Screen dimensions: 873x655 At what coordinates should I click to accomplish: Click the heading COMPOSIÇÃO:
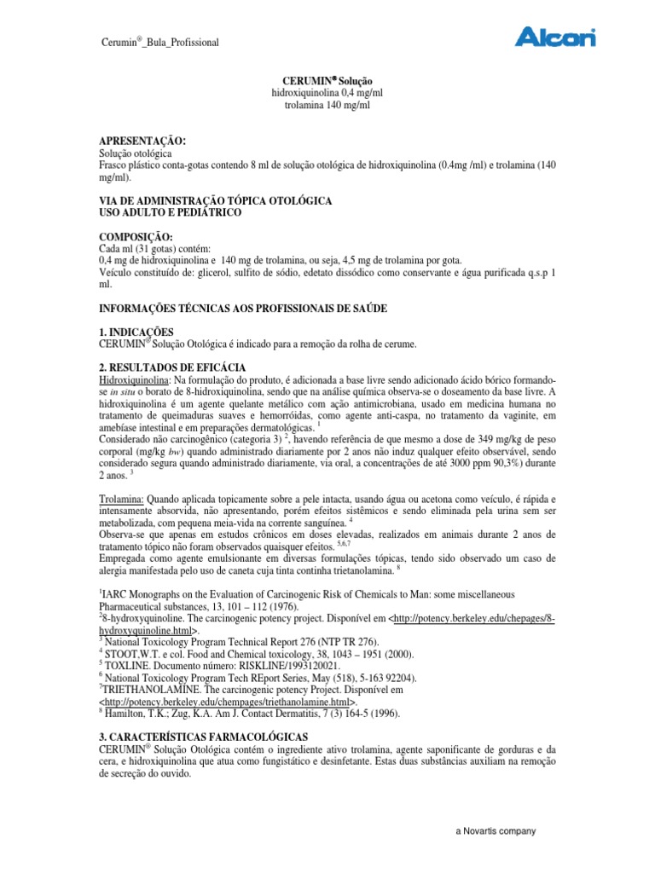[136, 235]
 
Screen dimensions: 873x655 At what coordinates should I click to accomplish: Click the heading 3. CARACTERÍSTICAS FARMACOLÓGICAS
[204, 735]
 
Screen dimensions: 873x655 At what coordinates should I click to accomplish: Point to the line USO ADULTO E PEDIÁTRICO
[171, 211]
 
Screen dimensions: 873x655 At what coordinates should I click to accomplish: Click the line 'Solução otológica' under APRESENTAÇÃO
[136, 152]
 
